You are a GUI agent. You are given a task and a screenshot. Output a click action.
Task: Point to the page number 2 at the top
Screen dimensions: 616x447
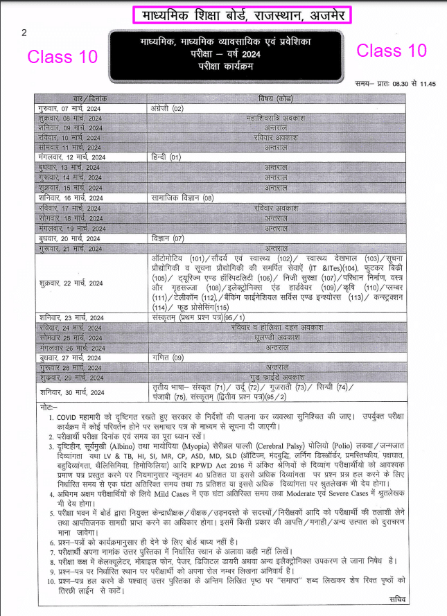(x=24, y=33)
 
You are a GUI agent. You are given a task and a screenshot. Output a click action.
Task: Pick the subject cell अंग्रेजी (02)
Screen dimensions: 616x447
(x=168, y=109)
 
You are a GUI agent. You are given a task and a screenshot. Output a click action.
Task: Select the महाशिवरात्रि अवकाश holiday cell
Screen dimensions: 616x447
(x=275, y=118)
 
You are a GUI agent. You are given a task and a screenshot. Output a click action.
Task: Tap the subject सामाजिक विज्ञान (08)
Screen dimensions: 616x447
(x=184, y=198)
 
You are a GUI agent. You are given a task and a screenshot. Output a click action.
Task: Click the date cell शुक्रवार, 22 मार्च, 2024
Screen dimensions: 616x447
(x=71, y=283)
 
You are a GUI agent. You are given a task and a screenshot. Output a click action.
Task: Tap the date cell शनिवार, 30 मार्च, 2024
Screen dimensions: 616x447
(x=71, y=392)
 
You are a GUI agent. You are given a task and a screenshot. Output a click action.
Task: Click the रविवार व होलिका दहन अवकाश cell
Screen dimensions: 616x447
(x=275, y=327)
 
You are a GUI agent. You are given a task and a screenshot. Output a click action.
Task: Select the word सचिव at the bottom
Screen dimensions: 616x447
(x=397, y=597)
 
